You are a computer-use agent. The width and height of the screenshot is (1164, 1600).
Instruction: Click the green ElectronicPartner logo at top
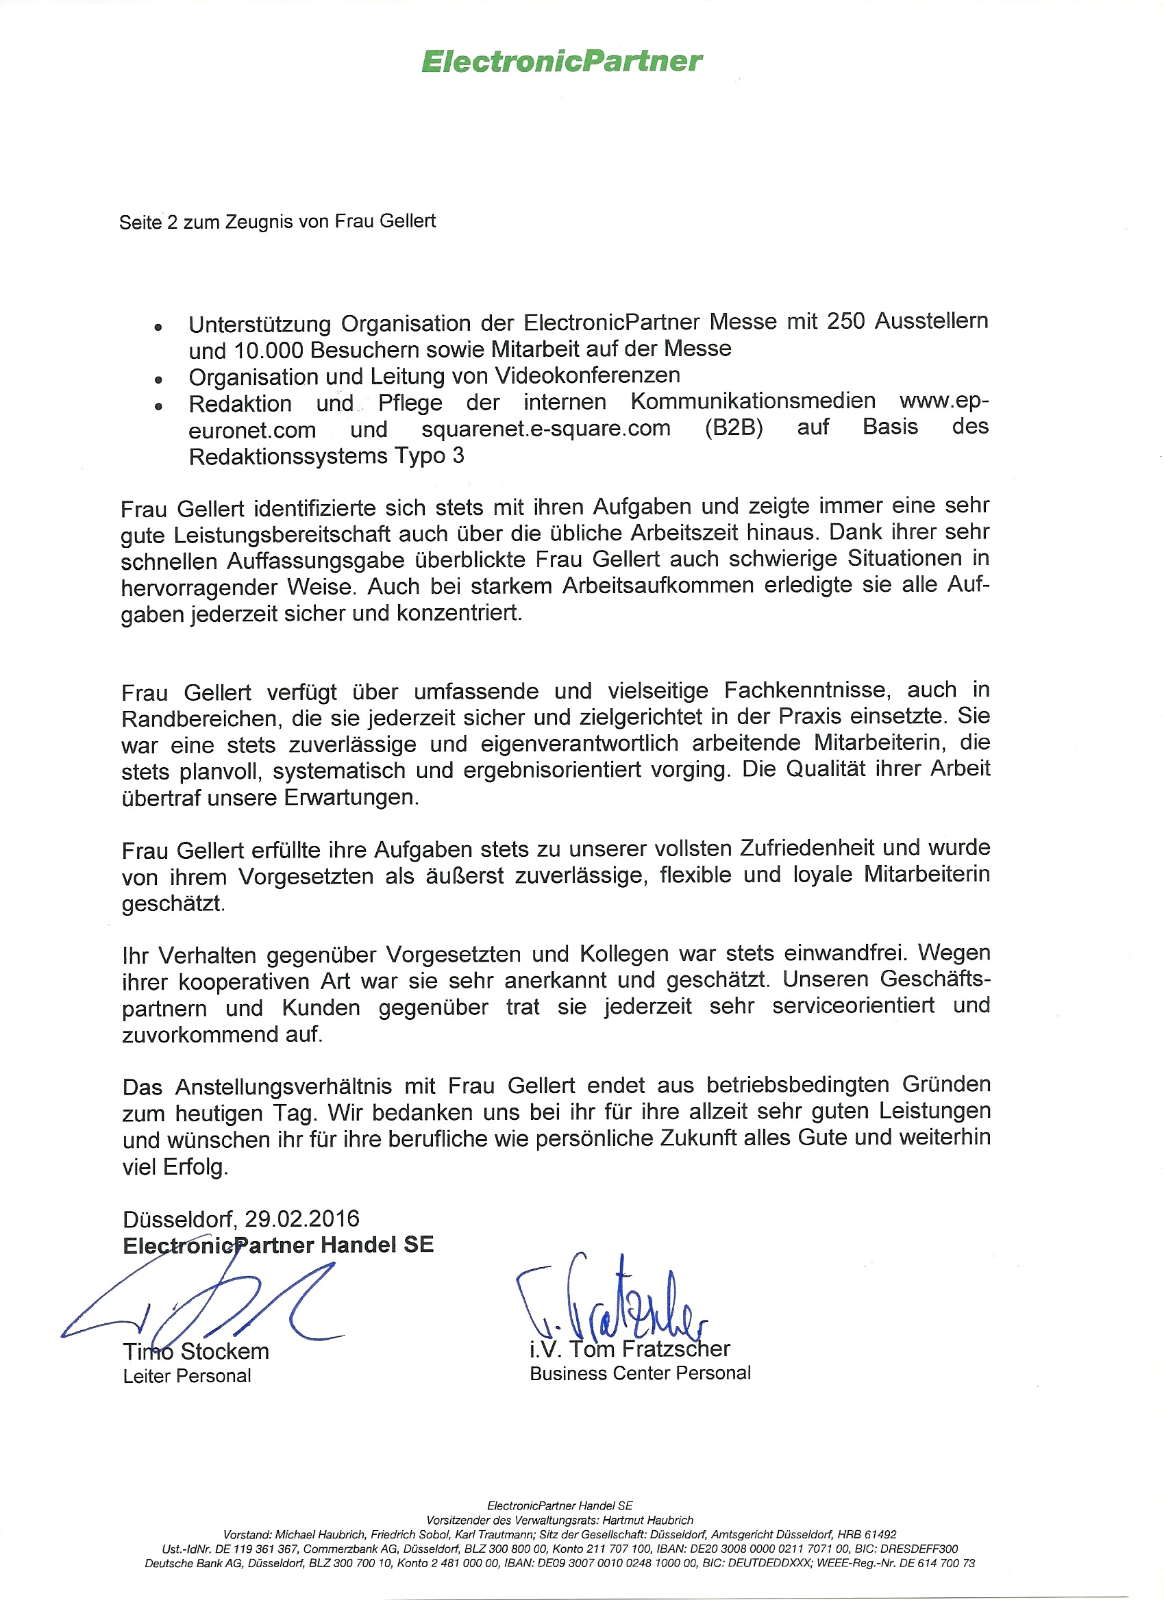click(x=562, y=62)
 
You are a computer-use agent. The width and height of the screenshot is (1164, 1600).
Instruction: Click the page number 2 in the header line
click(x=172, y=223)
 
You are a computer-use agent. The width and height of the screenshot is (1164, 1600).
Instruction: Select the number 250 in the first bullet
click(x=846, y=322)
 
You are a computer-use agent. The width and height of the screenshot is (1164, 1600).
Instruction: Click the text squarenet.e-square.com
click(x=545, y=429)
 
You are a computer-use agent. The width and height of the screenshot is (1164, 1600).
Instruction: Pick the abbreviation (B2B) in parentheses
click(x=734, y=428)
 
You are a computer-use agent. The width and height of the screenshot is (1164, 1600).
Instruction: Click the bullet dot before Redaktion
click(x=159, y=407)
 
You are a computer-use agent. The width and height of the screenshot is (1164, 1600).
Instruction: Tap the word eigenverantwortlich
click(x=579, y=744)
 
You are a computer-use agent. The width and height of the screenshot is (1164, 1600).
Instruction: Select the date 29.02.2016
click(x=302, y=1219)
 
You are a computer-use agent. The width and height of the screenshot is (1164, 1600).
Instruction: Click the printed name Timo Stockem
click(x=196, y=1351)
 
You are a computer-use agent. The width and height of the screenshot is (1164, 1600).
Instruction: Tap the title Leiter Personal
click(x=187, y=1376)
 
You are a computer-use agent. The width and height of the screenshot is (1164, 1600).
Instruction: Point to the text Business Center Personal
click(x=640, y=1373)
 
